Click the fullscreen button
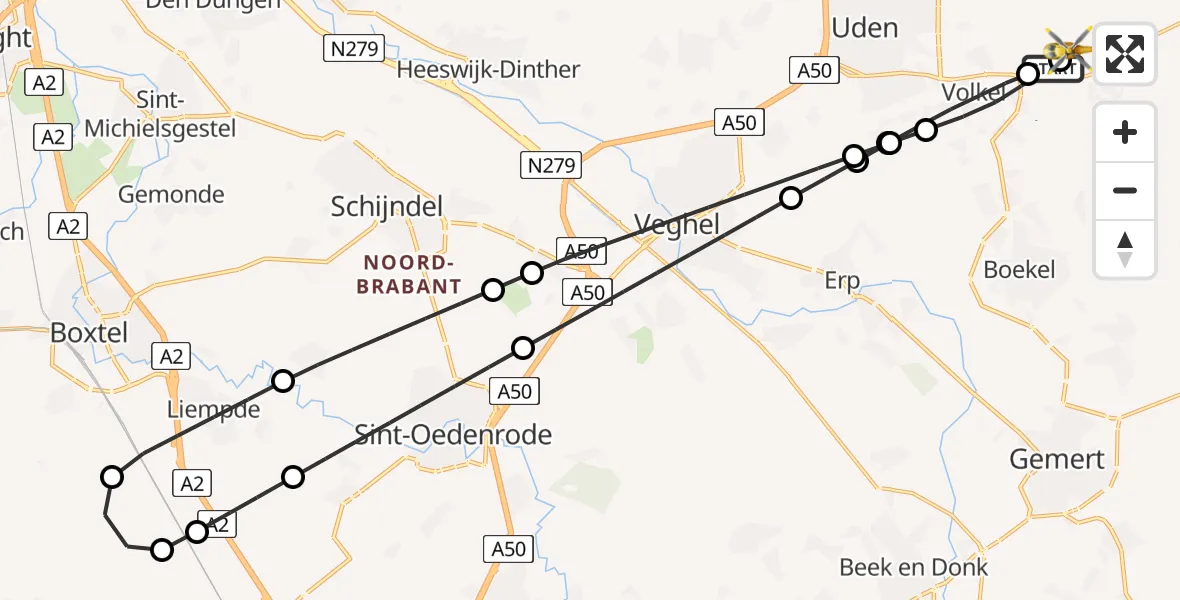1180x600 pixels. tap(1125, 53)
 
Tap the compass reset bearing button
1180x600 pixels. tap(1125, 249)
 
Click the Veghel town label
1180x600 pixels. tap(677, 225)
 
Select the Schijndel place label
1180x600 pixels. tap(387, 207)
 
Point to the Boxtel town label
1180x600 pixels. tap(90, 332)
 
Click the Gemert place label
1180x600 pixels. tap(1057, 459)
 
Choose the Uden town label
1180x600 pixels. tap(864, 28)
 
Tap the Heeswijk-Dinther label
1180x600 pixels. tap(488, 70)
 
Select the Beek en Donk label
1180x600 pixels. tap(913, 568)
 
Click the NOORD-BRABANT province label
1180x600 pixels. tap(411, 275)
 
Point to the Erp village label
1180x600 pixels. tap(842, 282)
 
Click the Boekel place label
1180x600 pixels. tap(1019, 270)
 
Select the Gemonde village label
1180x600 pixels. tap(171, 195)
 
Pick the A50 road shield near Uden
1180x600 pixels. tap(813, 69)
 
